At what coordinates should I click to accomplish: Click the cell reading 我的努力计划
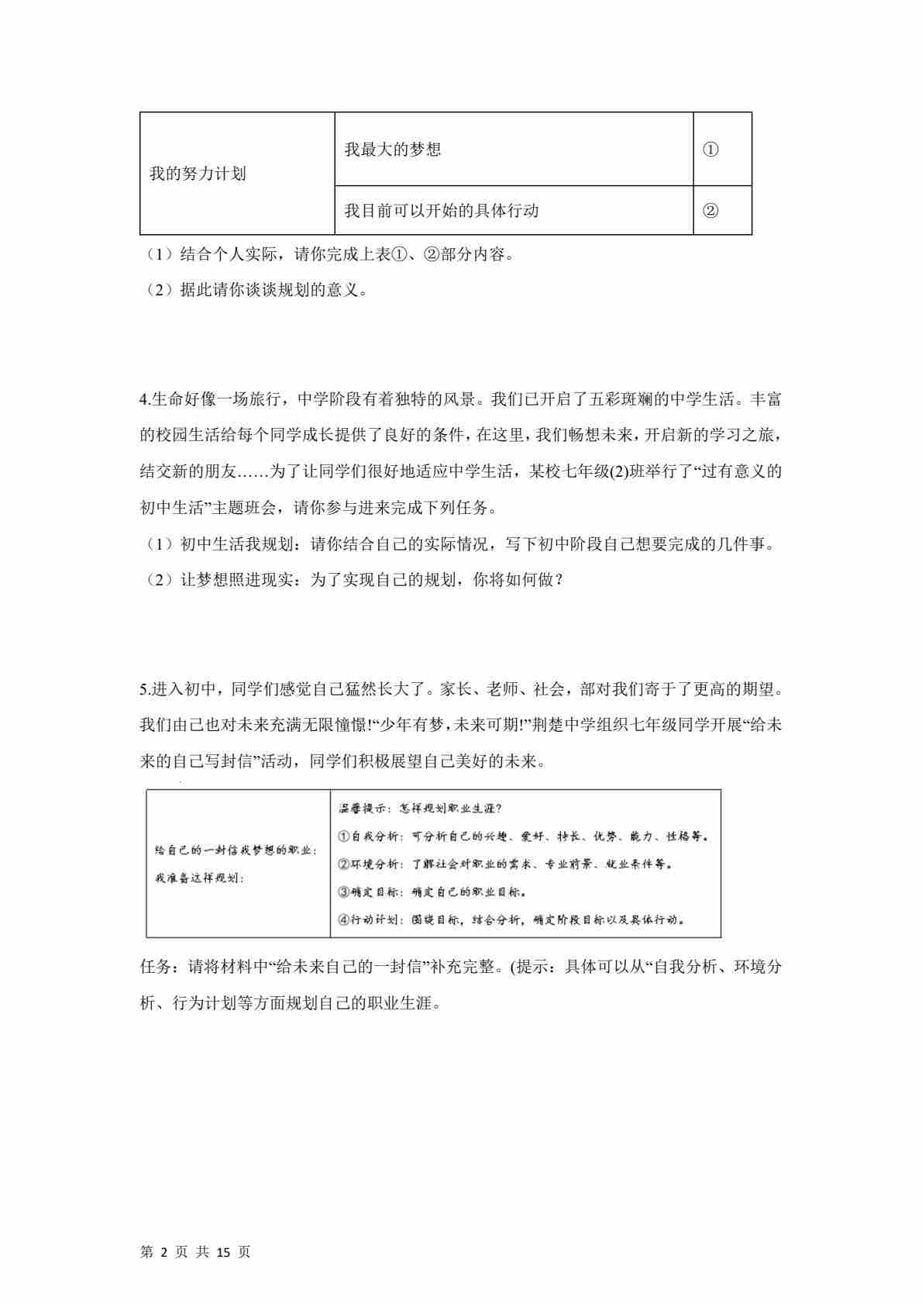(x=198, y=174)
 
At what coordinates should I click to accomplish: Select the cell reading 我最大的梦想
(x=392, y=150)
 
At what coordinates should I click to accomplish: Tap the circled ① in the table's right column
(x=710, y=150)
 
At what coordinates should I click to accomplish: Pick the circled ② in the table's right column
(x=710, y=210)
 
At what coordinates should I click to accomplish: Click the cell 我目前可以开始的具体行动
(x=441, y=210)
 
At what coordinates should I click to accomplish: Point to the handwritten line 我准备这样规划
(x=199, y=878)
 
